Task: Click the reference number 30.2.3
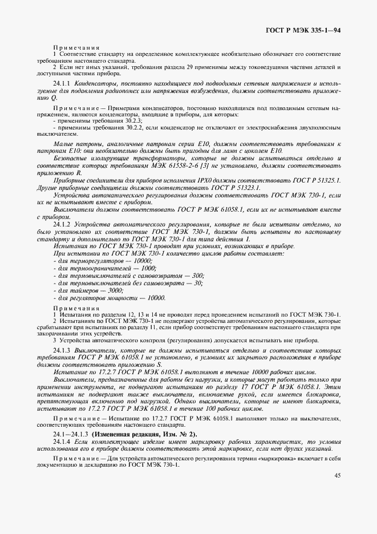click(x=117, y=121)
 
